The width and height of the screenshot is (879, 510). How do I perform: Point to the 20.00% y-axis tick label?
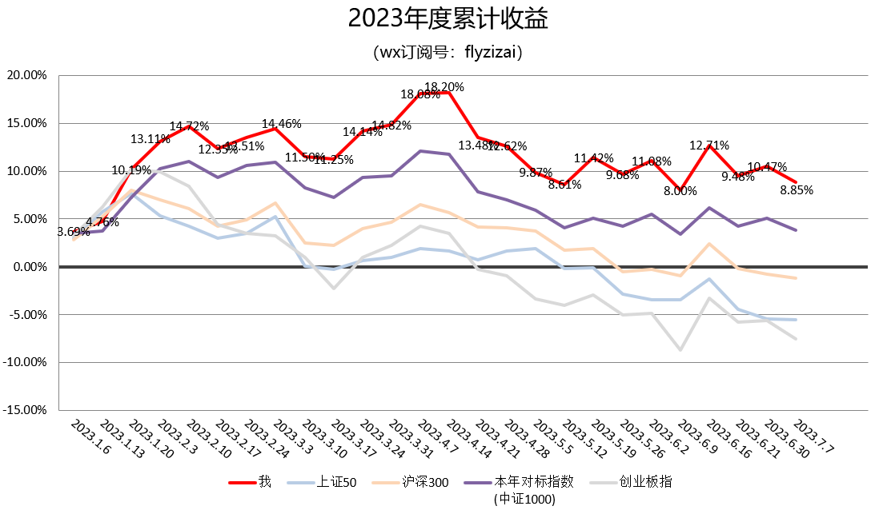click(26, 75)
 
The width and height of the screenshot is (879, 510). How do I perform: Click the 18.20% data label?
click(444, 87)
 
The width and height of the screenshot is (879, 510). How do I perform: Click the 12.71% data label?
click(709, 145)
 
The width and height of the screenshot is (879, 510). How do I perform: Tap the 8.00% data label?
click(680, 192)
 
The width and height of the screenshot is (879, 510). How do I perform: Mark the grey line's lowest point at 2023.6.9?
click(680, 350)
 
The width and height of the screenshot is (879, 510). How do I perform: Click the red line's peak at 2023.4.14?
click(447, 93)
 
